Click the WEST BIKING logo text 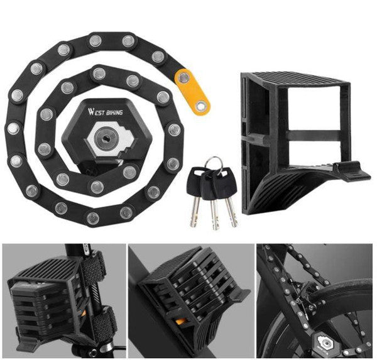(x=105, y=112)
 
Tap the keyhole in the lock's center (x=106, y=138)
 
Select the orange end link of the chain (x=192, y=92)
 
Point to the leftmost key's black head (x=194, y=182)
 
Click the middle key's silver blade (x=215, y=215)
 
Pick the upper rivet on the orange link (x=184, y=78)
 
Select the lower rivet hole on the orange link (x=201, y=106)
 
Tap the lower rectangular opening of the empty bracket (x=314, y=152)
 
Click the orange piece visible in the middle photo (x=180, y=321)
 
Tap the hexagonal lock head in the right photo (x=324, y=342)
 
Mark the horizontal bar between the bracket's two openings (x=314, y=136)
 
